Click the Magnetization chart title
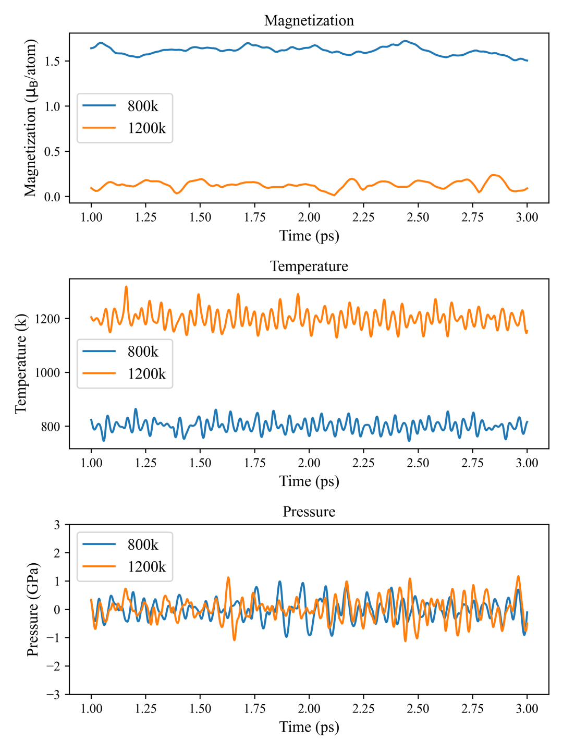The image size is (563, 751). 309,20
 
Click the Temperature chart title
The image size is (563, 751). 309,266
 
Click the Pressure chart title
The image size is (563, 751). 309,512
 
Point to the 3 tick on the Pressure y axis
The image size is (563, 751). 57,525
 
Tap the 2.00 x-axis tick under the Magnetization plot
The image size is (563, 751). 309,217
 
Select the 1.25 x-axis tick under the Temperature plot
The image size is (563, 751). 145,463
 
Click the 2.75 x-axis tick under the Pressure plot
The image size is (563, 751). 472,708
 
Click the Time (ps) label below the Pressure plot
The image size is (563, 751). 309,726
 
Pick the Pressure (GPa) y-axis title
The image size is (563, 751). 33,609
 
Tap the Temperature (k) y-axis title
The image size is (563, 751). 21,364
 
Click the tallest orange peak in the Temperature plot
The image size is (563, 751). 126,287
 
